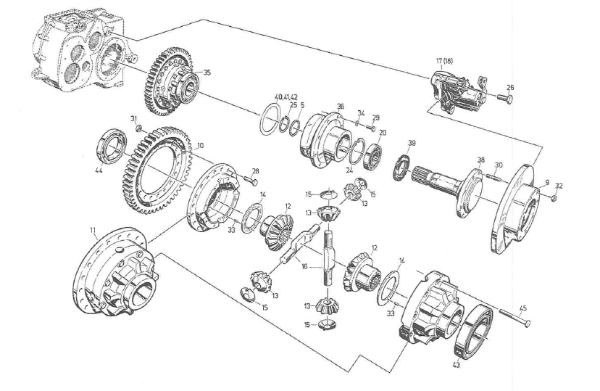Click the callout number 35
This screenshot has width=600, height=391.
click(207, 73)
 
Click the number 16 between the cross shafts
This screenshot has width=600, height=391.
click(304, 267)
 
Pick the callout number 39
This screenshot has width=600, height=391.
click(412, 143)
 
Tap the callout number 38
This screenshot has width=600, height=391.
click(480, 160)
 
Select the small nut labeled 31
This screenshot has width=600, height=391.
click(138, 128)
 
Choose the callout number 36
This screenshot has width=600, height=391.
click(340, 107)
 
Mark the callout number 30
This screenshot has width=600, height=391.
click(498, 165)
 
